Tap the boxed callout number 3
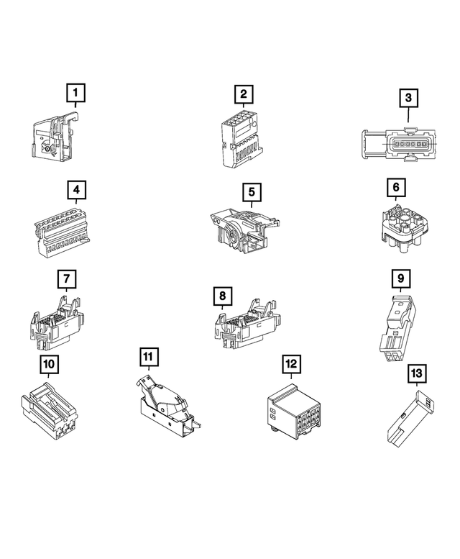click(408, 97)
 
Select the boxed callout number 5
click(251, 192)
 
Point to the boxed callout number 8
click(223, 296)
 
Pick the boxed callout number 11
click(147, 357)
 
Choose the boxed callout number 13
click(416, 373)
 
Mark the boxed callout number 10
click(49, 364)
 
